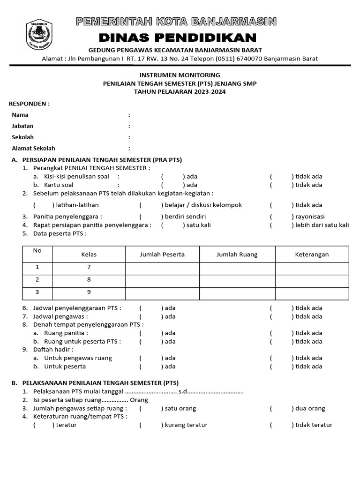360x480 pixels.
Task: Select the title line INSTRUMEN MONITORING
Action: [180, 75]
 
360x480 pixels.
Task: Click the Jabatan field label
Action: [22, 126]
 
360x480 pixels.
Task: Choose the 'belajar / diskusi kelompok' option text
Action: [202, 205]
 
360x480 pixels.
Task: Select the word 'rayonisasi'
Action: [310, 217]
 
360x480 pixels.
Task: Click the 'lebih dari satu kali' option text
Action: [322, 225]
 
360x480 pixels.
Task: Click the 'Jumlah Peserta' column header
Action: [162, 255]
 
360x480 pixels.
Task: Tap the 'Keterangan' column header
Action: [312, 255]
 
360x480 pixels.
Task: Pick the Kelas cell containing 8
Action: [89, 279]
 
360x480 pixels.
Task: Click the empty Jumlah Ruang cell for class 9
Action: [237, 292]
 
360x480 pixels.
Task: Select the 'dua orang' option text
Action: [310, 408]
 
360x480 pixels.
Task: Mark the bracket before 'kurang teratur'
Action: [150, 425]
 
